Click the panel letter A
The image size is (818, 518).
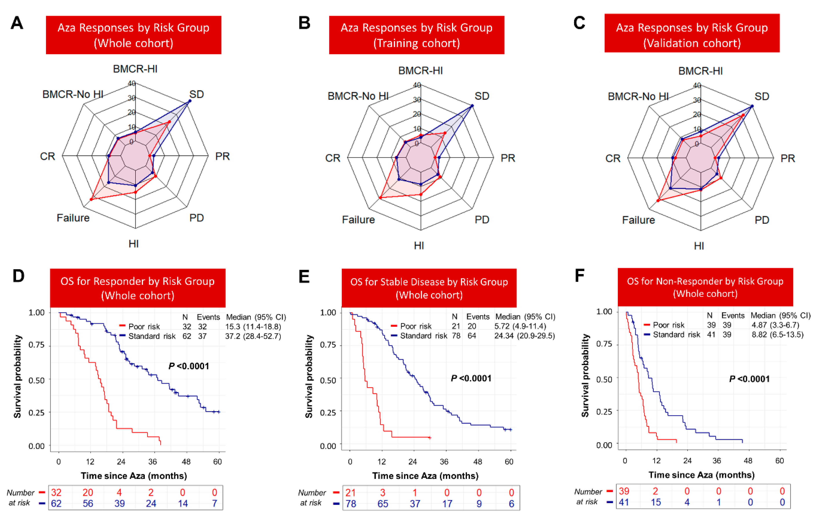[x=17, y=23]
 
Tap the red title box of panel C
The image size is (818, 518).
[x=692, y=33]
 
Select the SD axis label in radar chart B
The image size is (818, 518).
[x=481, y=96]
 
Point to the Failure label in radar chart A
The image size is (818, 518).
[x=73, y=218]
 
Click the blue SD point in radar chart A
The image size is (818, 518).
[x=190, y=101]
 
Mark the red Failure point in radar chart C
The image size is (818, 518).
[x=658, y=200]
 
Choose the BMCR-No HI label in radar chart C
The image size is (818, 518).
[x=638, y=96]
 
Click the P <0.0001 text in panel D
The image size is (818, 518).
[x=189, y=366]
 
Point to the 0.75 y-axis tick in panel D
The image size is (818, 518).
[x=36, y=345]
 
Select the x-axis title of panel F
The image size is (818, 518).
[x=702, y=475]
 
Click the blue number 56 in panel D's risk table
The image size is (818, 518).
[x=88, y=503]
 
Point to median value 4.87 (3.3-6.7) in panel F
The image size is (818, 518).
[x=775, y=325]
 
